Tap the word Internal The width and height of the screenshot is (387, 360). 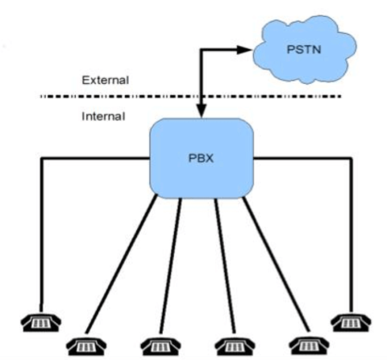coord(103,115)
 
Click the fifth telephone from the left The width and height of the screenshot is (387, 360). coord(302,342)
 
